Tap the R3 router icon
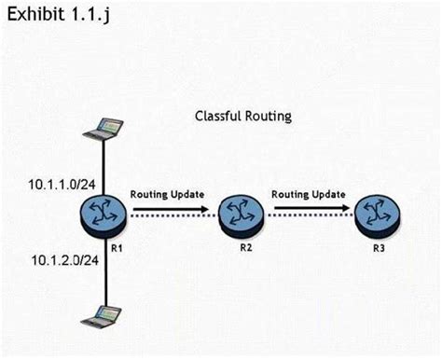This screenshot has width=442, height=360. (377, 215)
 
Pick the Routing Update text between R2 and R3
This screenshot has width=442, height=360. (309, 195)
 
